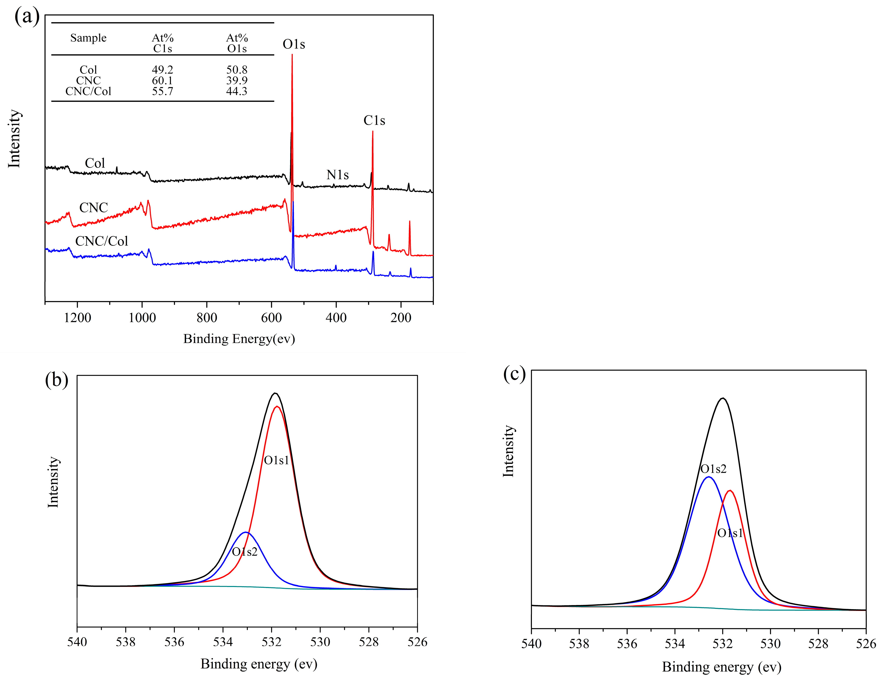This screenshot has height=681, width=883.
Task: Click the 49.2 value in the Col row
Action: (x=162, y=70)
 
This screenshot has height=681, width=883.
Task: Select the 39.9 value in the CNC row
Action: (x=237, y=81)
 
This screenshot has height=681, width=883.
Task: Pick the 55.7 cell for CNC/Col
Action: (x=162, y=91)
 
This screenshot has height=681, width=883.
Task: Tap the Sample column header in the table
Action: (x=88, y=38)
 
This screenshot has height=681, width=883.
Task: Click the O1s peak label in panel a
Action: (x=293, y=44)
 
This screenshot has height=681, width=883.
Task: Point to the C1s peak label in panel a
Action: (x=374, y=120)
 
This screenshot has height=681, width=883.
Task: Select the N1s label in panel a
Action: (x=337, y=175)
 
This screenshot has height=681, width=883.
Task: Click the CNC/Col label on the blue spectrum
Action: (x=102, y=241)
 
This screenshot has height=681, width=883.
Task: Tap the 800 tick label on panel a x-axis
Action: (x=207, y=318)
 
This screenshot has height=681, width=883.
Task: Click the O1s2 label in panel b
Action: (x=244, y=552)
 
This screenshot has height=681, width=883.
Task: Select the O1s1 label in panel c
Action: (x=730, y=533)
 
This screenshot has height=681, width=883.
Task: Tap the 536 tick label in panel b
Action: (x=174, y=642)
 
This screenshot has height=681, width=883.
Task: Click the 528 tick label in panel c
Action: (x=818, y=644)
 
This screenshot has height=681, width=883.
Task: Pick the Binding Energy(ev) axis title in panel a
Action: (x=239, y=339)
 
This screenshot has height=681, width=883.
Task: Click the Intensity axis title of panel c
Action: (x=508, y=451)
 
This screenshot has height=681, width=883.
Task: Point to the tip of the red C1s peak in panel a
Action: (x=372, y=131)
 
